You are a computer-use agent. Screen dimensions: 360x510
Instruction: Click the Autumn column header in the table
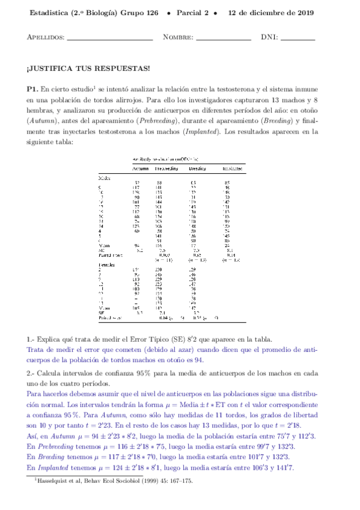point(141,169)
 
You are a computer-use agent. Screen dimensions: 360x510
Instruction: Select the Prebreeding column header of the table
point(166,169)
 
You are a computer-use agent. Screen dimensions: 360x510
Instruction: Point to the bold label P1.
point(33,89)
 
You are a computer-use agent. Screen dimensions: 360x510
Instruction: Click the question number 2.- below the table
point(31,373)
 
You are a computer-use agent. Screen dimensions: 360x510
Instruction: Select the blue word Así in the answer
point(33,436)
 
